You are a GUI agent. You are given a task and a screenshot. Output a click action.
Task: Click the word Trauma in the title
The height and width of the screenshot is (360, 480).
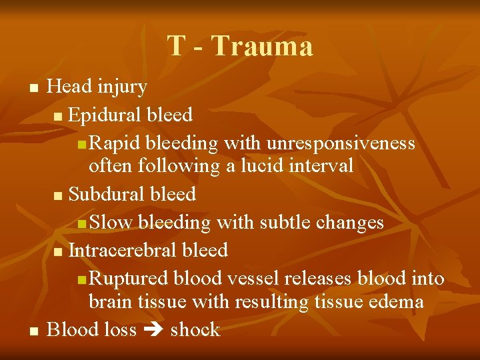point(261,47)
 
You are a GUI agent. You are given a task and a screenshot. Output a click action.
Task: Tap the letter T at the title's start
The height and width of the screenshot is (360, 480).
point(176,47)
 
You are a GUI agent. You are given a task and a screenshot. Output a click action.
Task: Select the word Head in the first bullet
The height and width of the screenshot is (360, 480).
point(70,87)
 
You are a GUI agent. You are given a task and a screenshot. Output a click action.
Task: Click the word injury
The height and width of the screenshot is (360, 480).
point(122,87)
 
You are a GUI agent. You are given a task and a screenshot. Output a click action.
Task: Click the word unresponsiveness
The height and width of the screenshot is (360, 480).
point(341,143)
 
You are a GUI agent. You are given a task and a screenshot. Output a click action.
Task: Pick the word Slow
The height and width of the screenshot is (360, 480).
point(112,222)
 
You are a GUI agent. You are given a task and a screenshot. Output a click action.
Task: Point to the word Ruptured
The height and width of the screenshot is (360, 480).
point(129,279)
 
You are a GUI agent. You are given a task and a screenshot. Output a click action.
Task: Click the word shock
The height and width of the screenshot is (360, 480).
point(195,330)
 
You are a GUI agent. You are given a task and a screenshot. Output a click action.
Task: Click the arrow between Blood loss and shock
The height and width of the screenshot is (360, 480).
point(153,331)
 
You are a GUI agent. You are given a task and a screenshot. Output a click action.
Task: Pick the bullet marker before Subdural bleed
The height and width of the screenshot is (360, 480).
point(59,195)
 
